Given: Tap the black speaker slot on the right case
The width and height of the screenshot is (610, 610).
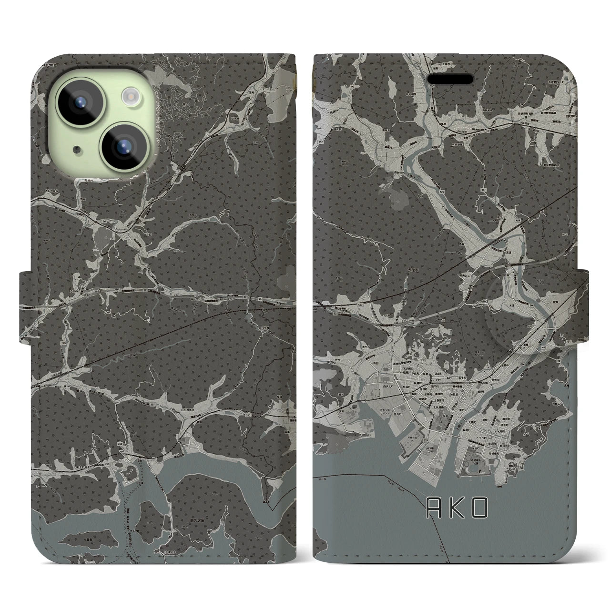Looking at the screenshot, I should tap(452, 79).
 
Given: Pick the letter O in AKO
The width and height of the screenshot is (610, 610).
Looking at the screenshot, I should tap(480, 509).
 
